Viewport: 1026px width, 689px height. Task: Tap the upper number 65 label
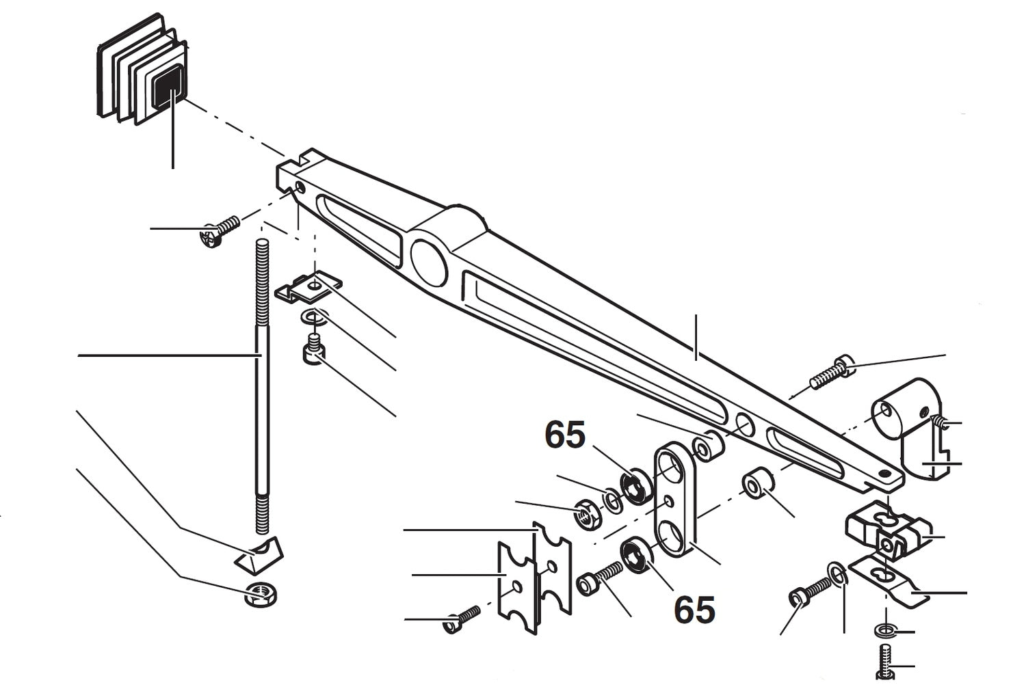pos(564,435)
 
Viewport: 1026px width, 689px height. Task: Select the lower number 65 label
pos(694,609)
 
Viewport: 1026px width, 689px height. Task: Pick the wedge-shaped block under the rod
pos(258,554)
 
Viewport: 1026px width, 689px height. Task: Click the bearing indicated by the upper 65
pos(635,485)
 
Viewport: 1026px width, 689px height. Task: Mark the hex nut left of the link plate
pos(586,514)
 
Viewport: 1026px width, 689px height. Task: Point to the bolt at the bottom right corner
pos(884,663)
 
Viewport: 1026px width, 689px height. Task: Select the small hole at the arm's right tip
pos(886,472)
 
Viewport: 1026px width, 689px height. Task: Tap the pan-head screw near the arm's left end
pos(218,232)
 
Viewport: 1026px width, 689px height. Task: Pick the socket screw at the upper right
pos(831,372)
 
